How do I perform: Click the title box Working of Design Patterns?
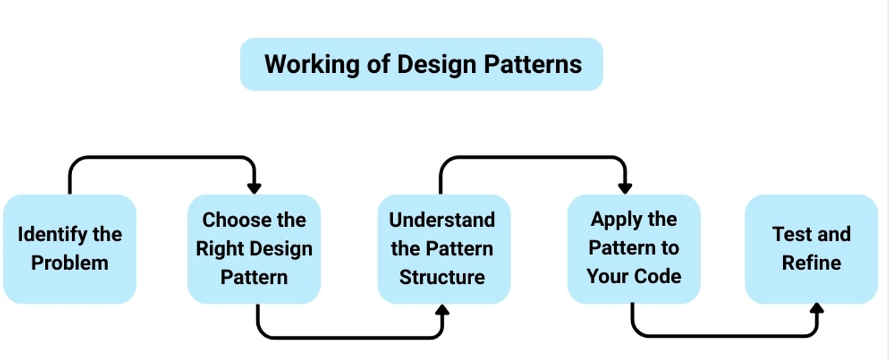[x=421, y=64]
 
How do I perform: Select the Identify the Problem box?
[x=69, y=249]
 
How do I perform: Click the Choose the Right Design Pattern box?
[x=254, y=249]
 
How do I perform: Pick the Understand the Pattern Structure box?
[x=443, y=249]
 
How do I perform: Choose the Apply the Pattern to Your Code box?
[x=633, y=249]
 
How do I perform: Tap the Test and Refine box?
[x=811, y=249]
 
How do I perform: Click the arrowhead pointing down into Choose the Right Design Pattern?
[x=254, y=188]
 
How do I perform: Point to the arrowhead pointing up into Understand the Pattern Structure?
[x=443, y=310]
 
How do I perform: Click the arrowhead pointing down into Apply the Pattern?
[x=625, y=188]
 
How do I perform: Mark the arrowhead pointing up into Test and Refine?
[x=817, y=310]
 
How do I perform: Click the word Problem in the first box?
[x=69, y=263]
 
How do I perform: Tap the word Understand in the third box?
[x=442, y=220]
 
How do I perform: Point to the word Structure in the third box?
[x=442, y=277]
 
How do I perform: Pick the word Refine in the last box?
[x=811, y=263]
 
